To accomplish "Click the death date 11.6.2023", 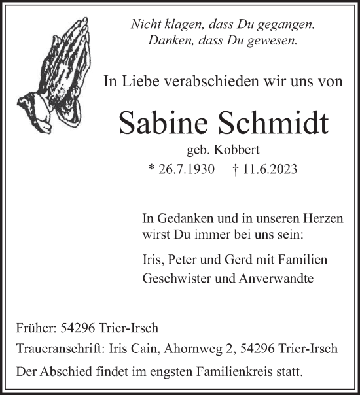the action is [270, 170].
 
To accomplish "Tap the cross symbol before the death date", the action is [236, 170].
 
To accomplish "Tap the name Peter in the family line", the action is [183, 260].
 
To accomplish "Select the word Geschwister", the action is [173, 277].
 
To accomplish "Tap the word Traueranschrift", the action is [57, 349].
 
